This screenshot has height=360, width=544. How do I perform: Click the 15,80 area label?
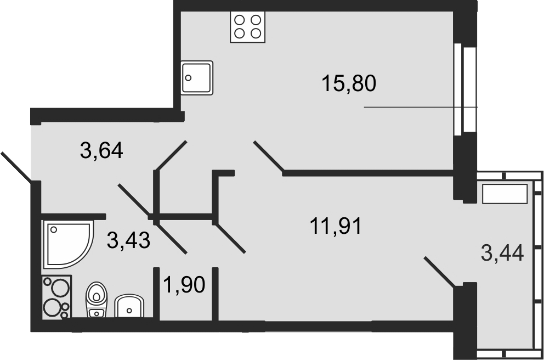click(x=349, y=83)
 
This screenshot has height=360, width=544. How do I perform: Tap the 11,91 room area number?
click(x=336, y=226)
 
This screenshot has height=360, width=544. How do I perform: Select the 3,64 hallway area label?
click(x=101, y=150)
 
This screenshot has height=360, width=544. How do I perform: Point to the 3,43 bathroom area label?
click(x=129, y=240)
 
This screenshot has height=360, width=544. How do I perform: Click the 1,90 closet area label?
click(x=184, y=285)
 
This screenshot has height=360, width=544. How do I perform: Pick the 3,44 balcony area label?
click(x=502, y=252)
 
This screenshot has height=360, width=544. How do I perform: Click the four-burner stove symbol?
click(x=247, y=27)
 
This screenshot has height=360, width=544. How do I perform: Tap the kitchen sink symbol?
click(x=197, y=77)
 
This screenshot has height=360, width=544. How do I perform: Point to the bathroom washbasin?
click(x=129, y=306)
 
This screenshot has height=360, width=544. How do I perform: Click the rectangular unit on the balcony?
click(x=505, y=194)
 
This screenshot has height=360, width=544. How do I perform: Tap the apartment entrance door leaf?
click(x=16, y=167)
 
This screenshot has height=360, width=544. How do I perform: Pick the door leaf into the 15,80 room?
click(x=269, y=156)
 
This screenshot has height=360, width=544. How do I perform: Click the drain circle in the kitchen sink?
click(x=189, y=78)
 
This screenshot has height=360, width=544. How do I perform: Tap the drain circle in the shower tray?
click(x=54, y=229)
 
